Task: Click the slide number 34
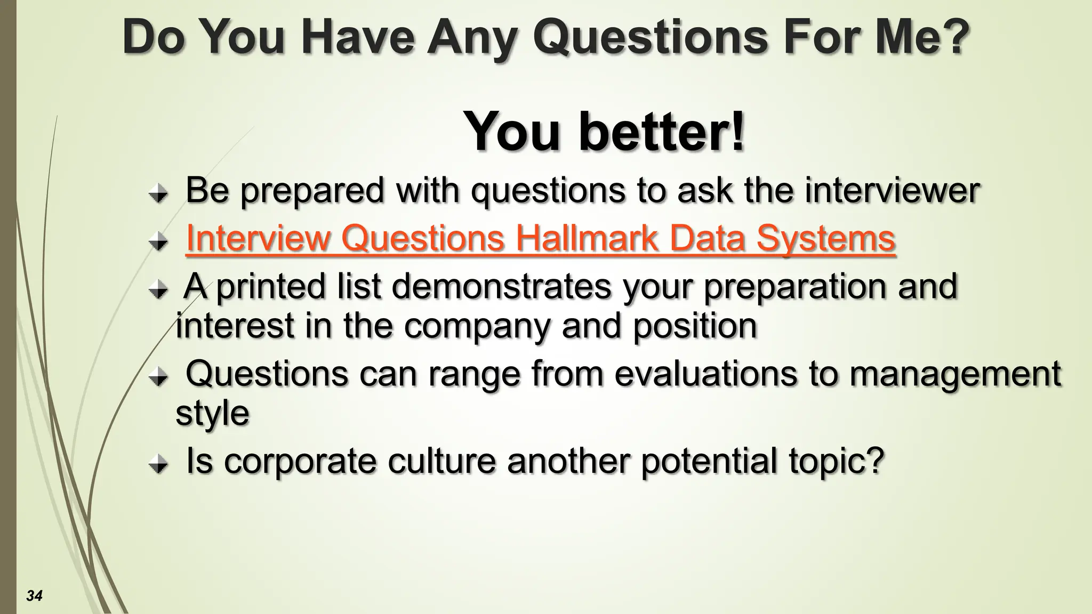tap(34, 595)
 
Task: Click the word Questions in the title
tap(650, 37)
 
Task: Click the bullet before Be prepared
tap(158, 195)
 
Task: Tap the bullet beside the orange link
tap(158, 243)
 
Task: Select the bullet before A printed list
tap(158, 290)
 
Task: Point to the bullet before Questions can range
tap(158, 378)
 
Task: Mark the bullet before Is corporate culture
tap(158, 465)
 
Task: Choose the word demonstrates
tap(502, 286)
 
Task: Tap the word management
tap(955, 374)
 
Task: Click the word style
tap(212, 413)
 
